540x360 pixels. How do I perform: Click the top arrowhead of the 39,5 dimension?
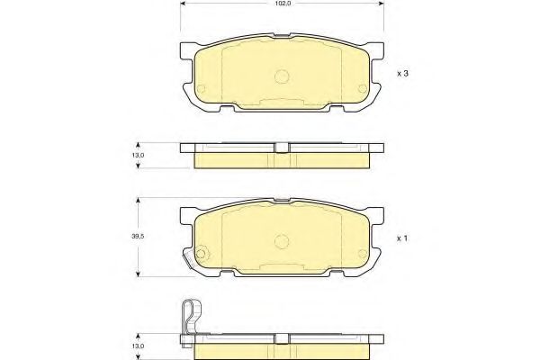138,200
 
